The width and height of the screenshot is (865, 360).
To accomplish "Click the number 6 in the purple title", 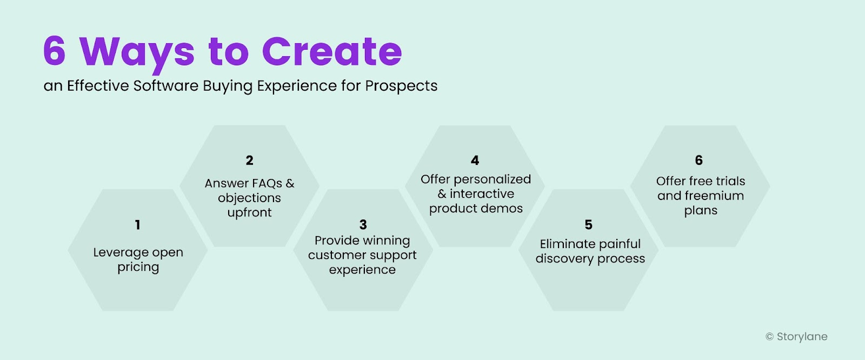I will (55, 52).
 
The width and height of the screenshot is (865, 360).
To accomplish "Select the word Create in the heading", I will (332, 52).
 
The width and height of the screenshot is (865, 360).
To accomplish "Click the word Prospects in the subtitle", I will (401, 86).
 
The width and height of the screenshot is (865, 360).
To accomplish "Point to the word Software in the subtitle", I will (166, 86).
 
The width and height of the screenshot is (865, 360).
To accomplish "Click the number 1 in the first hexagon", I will (137, 225).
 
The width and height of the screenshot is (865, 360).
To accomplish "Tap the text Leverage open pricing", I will (138, 259).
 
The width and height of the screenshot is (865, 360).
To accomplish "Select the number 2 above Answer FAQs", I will (249, 161).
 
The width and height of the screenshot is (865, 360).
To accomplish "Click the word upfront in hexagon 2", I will (249, 212).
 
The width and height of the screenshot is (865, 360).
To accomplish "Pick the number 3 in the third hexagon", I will (363, 225).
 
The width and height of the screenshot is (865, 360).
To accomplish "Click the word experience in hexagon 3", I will (362, 270).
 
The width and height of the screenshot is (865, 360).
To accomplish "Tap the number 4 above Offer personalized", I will (475, 161).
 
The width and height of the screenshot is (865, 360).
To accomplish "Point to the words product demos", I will (476, 209).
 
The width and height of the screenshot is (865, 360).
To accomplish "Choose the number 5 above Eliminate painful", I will (588, 225).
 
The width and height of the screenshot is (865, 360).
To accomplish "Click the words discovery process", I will (590, 259).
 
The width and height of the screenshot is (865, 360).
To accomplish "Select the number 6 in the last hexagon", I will (698, 161).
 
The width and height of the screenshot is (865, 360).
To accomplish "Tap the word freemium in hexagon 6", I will (714, 196).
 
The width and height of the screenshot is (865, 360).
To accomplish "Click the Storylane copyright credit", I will (796, 337).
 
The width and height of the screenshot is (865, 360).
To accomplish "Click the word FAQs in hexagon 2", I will (267, 184).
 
